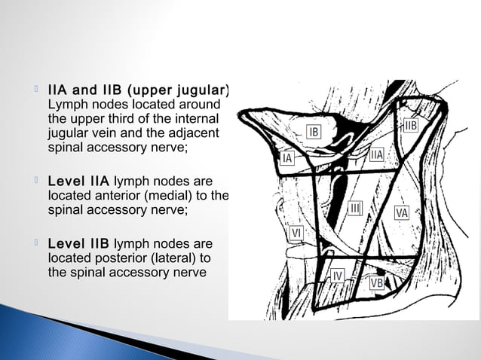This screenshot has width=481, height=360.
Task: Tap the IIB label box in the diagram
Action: coord(411,124)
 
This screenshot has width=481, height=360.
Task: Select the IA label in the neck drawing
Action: coord(287,159)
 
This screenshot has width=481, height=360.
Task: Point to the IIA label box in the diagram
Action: coord(378,154)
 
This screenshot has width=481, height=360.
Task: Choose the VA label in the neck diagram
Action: coord(402,213)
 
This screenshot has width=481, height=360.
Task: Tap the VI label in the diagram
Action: coord(297,233)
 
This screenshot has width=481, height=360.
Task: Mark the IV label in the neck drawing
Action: coord(339,276)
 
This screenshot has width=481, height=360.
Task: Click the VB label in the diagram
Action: coord(378,282)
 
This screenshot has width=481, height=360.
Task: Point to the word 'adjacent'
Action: coord(195,133)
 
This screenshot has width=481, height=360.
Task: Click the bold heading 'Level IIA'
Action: coord(78,182)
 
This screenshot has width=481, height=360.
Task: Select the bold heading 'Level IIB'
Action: coord(78,244)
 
